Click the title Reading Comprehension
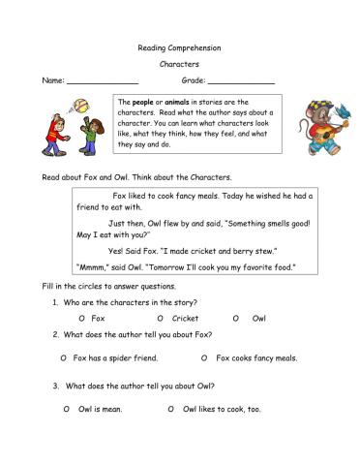point(179,47)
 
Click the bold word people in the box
point(142,102)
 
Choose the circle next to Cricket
point(160,318)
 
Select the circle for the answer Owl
point(235,318)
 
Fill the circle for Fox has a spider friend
point(62,357)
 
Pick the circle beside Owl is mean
point(66,409)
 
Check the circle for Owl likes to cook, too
point(171,409)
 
